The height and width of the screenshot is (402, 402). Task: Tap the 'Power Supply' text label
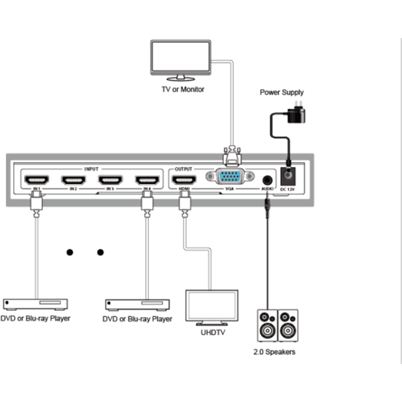point(281,92)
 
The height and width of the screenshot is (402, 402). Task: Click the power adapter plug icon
point(295,113)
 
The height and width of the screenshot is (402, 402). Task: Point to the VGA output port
point(230,178)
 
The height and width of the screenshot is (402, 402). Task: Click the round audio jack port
point(268,180)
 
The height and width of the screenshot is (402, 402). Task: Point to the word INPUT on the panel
point(91,168)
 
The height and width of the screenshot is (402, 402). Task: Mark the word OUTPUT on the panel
point(184,168)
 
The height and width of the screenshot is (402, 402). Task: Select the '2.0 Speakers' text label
point(274,352)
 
